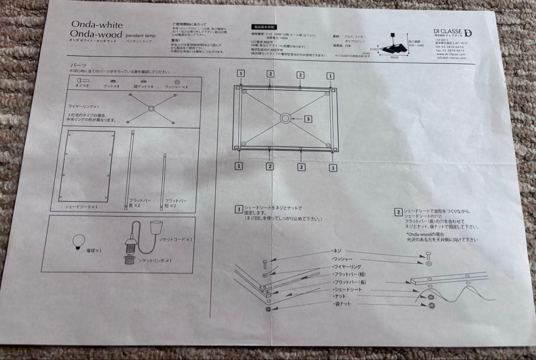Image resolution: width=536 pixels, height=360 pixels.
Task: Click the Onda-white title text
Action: tap(96, 24)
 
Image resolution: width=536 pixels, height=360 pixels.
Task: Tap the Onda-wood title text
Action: tap(96, 34)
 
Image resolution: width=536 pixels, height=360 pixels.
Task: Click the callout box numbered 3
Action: tap(308, 119)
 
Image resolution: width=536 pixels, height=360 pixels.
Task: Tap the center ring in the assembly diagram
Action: tap(286, 119)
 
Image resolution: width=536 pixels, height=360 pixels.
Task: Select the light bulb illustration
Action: tap(78, 240)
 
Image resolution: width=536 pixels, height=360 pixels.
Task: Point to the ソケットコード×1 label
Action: tap(174, 239)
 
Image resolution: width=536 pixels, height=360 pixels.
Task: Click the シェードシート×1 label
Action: tap(80, 206)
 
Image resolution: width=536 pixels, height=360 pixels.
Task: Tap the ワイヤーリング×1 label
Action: tap(83, 107)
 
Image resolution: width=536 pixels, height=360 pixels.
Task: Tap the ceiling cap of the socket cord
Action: tap(157, 226)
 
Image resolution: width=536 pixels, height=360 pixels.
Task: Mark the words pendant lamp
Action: tap(140, 36)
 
